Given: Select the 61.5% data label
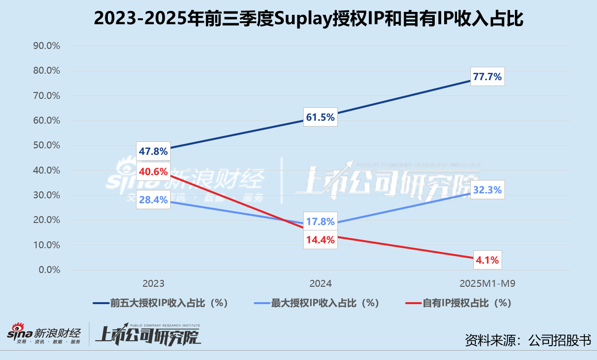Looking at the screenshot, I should point(320,117).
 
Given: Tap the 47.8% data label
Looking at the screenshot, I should point(153,151).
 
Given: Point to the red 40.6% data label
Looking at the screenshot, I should point(153,173).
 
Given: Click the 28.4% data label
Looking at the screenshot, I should point(153,200).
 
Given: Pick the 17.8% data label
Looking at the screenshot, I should point(320,222).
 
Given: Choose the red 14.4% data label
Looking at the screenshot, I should point(320,240).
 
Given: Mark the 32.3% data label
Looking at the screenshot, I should point(487,189).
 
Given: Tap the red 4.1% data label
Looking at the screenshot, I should point(487,259).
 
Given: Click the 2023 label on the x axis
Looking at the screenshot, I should point(153,284).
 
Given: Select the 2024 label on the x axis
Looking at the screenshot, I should point(320,284).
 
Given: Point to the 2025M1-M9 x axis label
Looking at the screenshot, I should point(487,284).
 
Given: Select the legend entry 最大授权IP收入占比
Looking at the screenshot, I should point(324,303).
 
